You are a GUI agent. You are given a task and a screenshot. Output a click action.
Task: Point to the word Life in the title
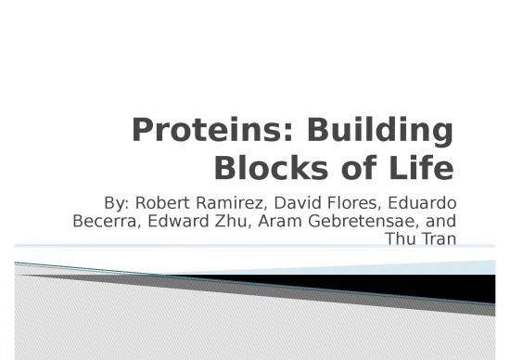click(x=422, y=169)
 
